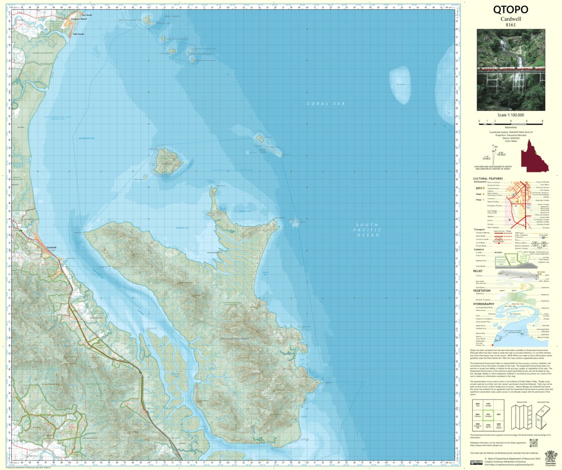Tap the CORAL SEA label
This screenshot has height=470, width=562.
pos(325,104)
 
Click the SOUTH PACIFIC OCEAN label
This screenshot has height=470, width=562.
pos(368,230)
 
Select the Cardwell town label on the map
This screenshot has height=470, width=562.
pos(52,247)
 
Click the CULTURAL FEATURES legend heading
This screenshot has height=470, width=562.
pos(488,179)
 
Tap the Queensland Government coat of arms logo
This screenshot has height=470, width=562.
pos(550,458)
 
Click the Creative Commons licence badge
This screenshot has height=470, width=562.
pos(476,462)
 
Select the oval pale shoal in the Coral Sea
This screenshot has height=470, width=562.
pos(400,85)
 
